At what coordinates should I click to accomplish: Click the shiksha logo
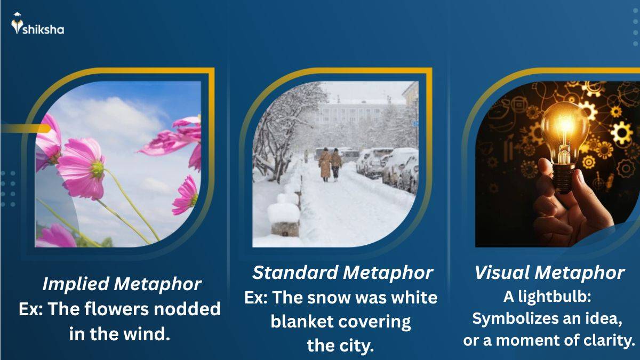37,26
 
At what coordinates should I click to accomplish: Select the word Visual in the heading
501,273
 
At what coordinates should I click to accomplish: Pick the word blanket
301,322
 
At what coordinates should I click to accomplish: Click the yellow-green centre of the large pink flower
97,169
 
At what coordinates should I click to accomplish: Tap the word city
358,346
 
